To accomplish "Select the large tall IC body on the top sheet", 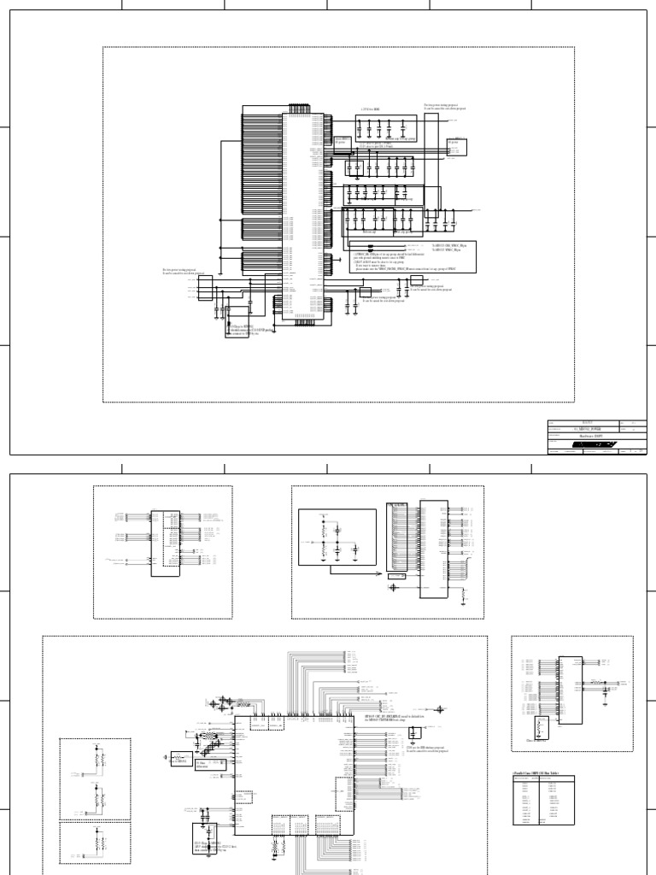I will click(x=303, y=218).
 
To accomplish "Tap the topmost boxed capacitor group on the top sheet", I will click(x=382, y=129).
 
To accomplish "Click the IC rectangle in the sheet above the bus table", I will click(x=571, y=687).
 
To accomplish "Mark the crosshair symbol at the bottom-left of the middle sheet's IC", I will click(x=393, y=587).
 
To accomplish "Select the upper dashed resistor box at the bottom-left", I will click(x=95, y=777).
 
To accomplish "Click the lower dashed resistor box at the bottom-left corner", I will click(x=95, y=847).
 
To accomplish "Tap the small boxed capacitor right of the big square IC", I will click(x=414, y=733).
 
